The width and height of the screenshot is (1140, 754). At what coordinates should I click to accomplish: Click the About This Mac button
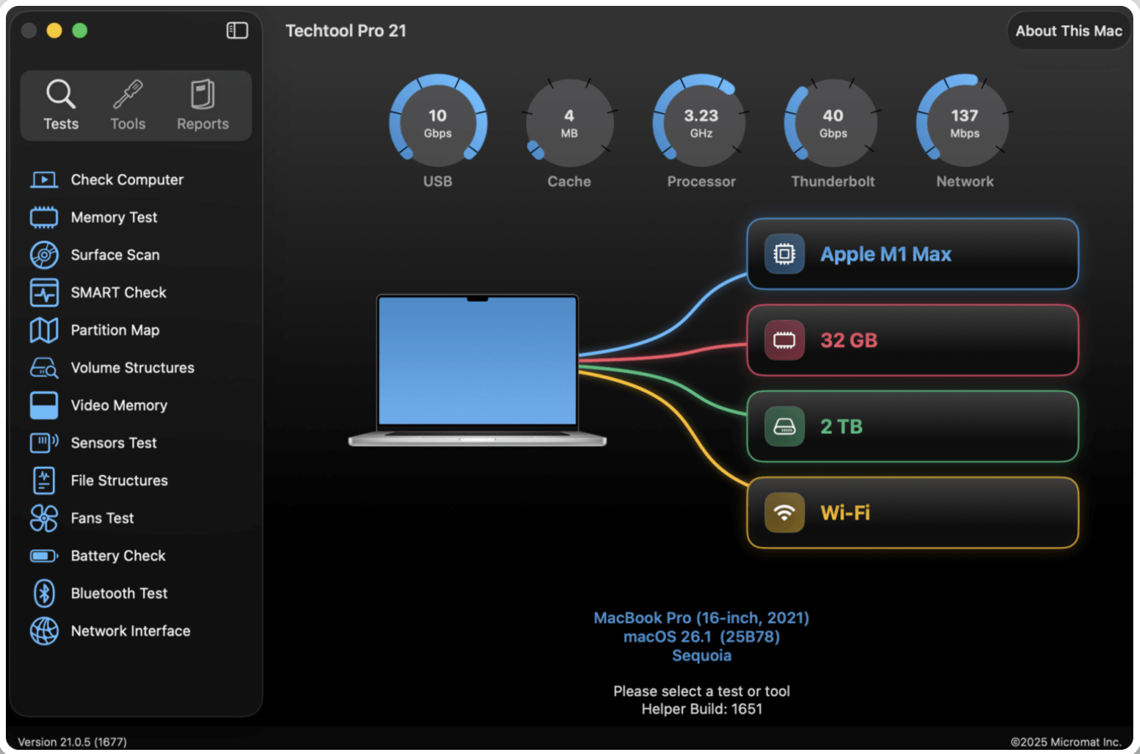[1068, 31]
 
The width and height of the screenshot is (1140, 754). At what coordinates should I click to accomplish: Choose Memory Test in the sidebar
[114, 217]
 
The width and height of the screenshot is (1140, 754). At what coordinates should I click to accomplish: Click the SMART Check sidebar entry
[118, 292]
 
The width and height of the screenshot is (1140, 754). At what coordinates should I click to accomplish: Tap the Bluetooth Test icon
[44, 593]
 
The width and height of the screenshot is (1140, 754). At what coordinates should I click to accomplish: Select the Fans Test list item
[102, 518]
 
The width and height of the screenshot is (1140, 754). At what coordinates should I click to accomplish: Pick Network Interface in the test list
[130, 631]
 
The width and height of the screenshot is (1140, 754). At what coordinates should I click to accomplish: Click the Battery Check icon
[44, 555]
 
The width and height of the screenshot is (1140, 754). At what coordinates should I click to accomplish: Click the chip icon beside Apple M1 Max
[784, 254]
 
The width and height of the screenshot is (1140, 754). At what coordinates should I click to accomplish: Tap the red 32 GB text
[849, 340]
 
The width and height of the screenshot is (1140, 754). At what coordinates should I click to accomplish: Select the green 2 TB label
[841, 426]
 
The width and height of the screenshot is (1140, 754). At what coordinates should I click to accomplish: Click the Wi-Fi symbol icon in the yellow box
[784, 513]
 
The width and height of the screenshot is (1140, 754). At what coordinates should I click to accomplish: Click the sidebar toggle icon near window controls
[237, 31]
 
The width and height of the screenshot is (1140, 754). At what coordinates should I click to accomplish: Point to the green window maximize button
[80, 31]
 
